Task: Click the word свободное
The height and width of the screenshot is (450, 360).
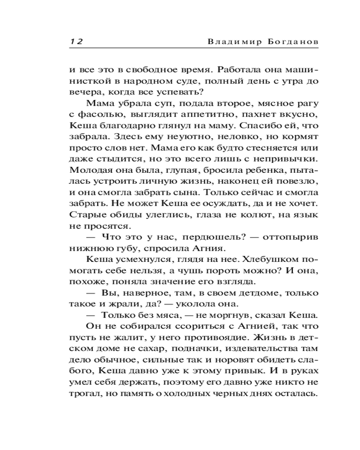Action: [x=140, y=70]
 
